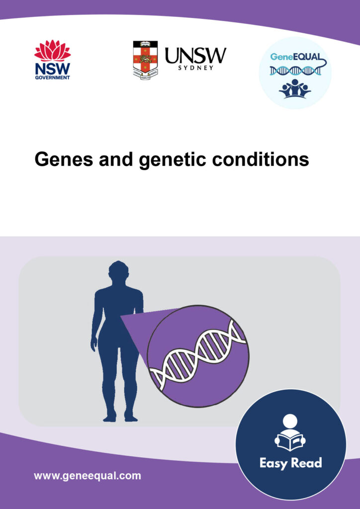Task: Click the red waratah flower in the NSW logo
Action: [x=52, y=51]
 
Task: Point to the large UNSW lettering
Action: [x=195, y=55]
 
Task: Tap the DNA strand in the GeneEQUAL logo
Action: [x=295, y=71]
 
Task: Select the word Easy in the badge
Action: [x=274, y=463]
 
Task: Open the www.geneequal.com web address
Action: [x=87, y=476]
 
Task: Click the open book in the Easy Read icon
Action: [x=290, y=441]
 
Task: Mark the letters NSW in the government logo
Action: [x=52, y=68]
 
